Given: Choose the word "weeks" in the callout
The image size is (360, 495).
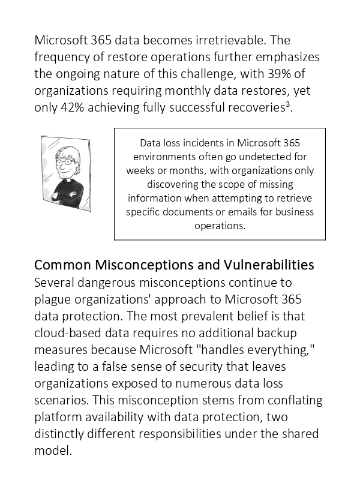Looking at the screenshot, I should [x=140, y=170].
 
